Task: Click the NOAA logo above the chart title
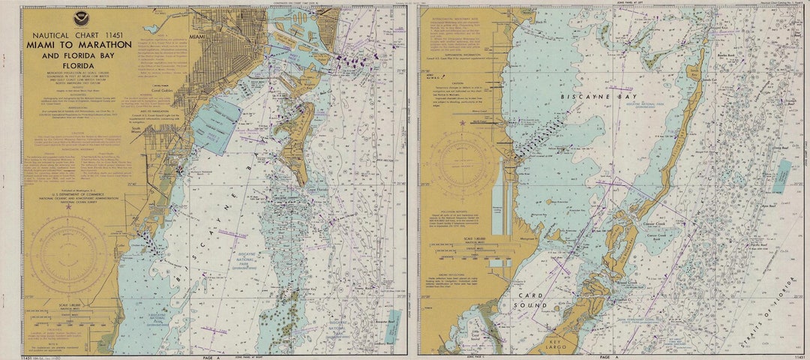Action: click(80, 17)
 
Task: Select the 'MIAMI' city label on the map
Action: click(197, 37)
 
